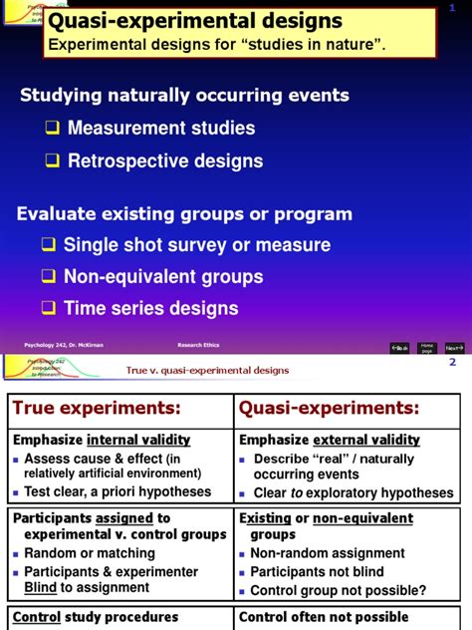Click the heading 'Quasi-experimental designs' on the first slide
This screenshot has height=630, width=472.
tap(195, 21)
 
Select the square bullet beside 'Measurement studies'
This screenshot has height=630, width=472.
tap(52, 129)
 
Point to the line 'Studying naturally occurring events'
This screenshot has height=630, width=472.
tap(185, 96)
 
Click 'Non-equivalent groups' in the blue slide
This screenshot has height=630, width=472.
tap(163, 277)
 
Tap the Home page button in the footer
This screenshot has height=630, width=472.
tap(427, 348)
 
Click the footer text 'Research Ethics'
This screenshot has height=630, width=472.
tap(198, 345)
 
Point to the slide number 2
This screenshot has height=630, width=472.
tap(452, 362)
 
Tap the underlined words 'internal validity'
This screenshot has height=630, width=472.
tap(138, 440)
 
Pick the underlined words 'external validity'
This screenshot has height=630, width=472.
tap(366, 440)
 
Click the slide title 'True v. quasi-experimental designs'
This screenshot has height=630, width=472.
tap(207, 370)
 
